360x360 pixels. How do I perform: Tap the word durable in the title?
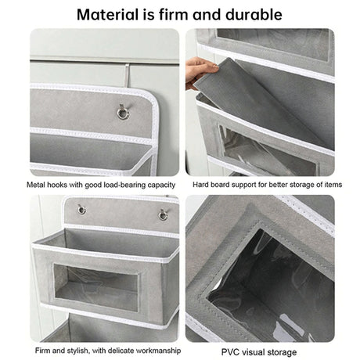click(x=254, y=14)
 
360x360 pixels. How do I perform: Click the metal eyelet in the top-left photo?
click(x=122, y=114)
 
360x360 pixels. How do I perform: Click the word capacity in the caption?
click(x=160, y=185)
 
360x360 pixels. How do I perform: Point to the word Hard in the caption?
click(x=201, y=185)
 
